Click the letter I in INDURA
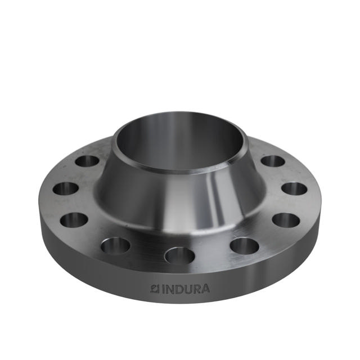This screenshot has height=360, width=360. [164, 289]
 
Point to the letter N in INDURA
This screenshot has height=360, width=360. [170, 289]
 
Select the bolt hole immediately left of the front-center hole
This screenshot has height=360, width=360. [116, 245]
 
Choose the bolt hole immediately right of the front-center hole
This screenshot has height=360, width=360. [244, 245]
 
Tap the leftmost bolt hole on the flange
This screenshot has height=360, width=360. [66, 188]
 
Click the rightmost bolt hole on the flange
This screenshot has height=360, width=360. [294, 188]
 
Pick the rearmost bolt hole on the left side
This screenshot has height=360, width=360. [87, 161]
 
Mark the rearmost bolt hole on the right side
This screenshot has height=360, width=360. [272, 161]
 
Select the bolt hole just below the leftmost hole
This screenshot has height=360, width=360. [74, 219]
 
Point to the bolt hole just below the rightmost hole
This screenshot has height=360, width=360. [286, 219]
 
